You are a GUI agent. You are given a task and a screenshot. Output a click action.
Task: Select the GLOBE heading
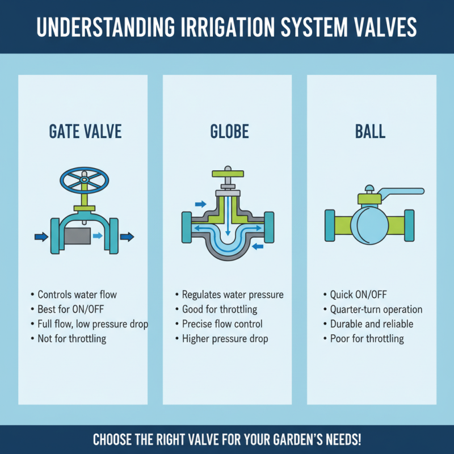coord(229,132)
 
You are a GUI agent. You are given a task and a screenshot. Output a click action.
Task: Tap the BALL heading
coord(370,132)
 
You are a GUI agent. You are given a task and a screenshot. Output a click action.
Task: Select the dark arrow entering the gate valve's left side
coord(40,236)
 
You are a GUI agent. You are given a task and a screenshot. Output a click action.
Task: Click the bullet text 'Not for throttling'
coord(72,339)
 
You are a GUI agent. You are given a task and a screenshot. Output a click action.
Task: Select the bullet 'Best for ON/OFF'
coord(70,309)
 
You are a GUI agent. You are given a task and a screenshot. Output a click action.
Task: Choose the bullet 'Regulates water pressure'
coord(232,295)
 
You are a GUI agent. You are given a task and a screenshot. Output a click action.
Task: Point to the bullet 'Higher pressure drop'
coord(225,339)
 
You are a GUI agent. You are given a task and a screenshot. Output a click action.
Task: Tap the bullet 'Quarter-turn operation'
coord(376,309)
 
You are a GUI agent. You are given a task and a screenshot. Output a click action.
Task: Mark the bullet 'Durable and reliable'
coord(371,324)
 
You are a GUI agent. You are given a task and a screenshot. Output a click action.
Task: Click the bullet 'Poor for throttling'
coord(367,339)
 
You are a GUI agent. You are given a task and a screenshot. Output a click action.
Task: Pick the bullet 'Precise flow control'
coord(222,324)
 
